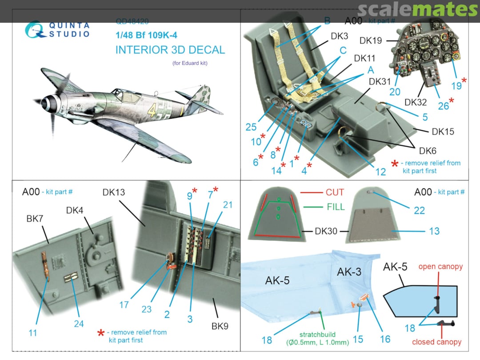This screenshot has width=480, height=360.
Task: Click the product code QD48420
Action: (x=132, y=21)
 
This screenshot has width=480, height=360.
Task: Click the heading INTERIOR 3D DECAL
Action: (x=170, y=49)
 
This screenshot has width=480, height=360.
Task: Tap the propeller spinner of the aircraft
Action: (x=46, y=104)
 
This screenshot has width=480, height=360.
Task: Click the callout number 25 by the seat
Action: (x=251, y=127)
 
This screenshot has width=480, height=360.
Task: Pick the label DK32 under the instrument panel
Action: (x=416, y=102)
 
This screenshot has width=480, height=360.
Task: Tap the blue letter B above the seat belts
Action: (x=327, y=20)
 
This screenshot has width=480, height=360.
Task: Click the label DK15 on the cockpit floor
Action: (x=443, y=132)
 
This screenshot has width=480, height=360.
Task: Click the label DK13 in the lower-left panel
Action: (x=114, y=192)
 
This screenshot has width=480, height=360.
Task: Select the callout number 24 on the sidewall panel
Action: (x=79, y=324)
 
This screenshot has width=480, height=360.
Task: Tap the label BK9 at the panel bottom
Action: (x=220, y=326)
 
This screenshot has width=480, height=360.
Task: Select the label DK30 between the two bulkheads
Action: (x=326, y=231)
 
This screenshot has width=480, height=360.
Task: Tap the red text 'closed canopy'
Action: (x=436, y=342)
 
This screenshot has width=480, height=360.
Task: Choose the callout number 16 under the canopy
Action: (x=385, y=339)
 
